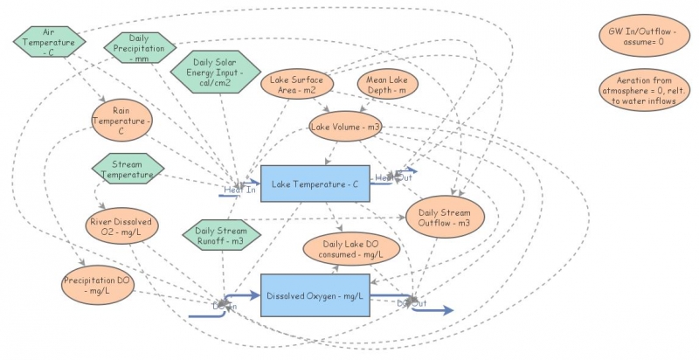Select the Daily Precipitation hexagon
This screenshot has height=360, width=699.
point(139,47)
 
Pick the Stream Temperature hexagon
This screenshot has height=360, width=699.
point(128,169)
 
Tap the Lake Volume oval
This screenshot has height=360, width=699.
point(346,128)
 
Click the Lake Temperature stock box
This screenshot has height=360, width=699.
point(315,184)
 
